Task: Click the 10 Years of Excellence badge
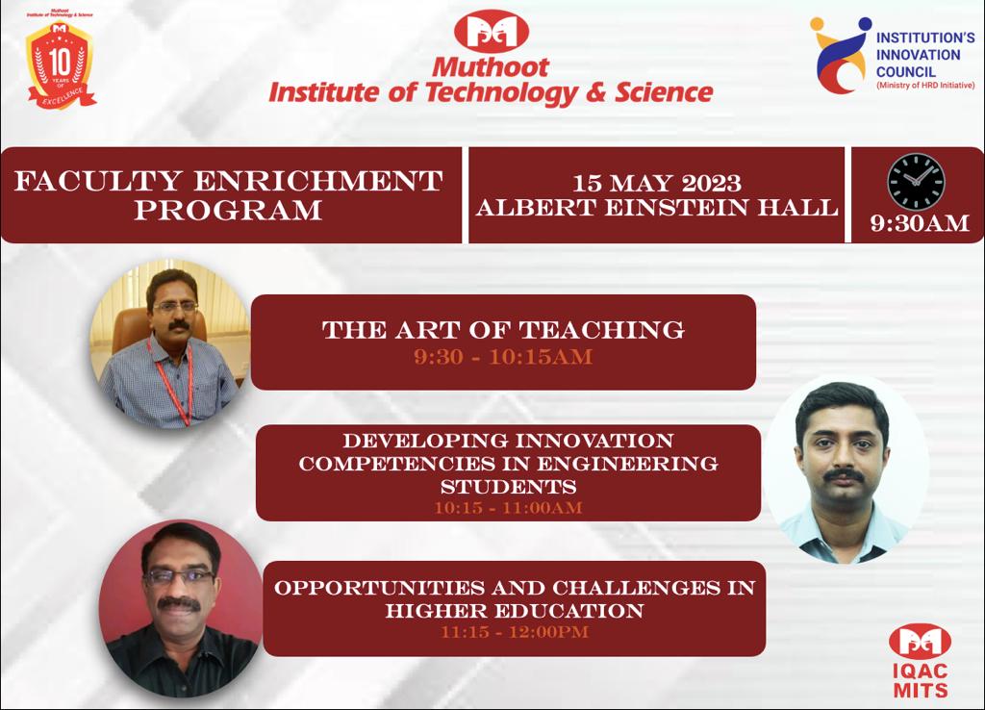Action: click(x=61, y=63)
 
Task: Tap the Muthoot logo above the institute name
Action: click(x=492, y=32)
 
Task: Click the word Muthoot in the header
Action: click(x=491, y=67)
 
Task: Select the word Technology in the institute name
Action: click(x=501, y=93)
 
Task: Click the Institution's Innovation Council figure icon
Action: click(x=839, y=55)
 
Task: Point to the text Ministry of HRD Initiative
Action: click(x=925, y=86)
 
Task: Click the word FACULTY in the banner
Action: click(x=98, y=181)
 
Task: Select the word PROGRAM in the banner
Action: click(x=228, y=210)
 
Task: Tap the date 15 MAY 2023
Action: click(x=656, y=183)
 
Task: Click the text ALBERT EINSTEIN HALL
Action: click(x=656, y=208)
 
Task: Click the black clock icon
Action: click(x=916, y=182)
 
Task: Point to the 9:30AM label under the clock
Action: click(x=919, y=223)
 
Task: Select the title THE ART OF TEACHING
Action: click(x=503, y=330)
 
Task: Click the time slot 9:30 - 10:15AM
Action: click(x=503, y=357)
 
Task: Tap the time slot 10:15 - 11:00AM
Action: click(x=508, y=508)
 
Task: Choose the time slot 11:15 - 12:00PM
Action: click(x=515, y=632)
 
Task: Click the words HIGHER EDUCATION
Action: click(x=515, y=611)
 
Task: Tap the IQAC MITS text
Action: click(x=921, y=680)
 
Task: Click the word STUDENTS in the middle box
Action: click(x=508, y=487)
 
